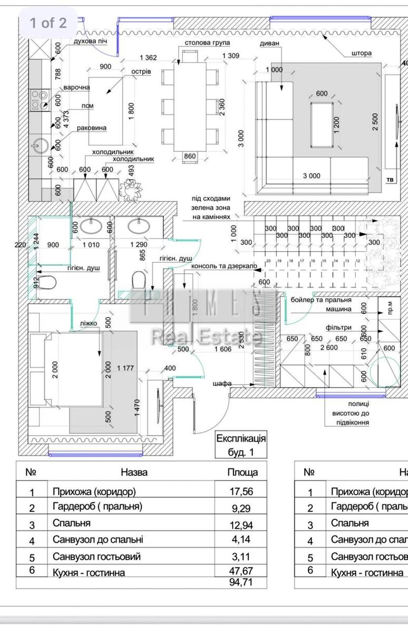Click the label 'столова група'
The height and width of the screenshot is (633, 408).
pyautogui.click(x=206, y=42)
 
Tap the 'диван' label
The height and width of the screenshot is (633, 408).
pyautogui.click(x=269, y=43)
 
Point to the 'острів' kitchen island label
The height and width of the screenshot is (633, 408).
pyautogui.click(x=141, y=71)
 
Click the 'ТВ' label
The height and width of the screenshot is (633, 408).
pyautogui.click(x=390, y=180)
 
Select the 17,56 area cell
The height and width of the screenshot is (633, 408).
pyautogui.click(x=242, y=492)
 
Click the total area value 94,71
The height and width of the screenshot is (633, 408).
pyautogui.click(x=242, y=582)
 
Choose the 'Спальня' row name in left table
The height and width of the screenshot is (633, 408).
pyautogui.click(x=72, y=523)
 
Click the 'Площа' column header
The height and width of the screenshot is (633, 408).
pyautogui.click(x=242, y=472)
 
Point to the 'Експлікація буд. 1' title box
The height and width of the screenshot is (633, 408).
pyautogui.click(x=241, y=445)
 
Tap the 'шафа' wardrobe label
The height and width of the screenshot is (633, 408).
pyautogui.click(x=222, y=383)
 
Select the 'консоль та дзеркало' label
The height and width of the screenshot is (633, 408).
pyautogui.click(x=224, y=267)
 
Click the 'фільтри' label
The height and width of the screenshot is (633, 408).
pyautogui.click(x=338, y=328)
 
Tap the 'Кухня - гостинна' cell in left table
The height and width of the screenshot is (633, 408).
pyautogui.click(x=89, y=572)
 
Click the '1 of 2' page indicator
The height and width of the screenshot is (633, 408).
pyautogui.click(x=48, y=23)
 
